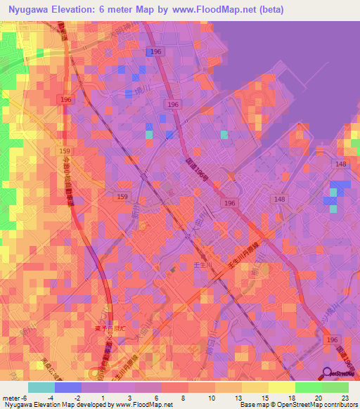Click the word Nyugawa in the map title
click(32, 8)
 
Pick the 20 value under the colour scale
click(317, 398)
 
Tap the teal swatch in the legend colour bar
click(41, 387)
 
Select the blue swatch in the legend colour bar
click(68, 387)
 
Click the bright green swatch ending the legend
click(335, 387)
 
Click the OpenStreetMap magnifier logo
click(328, 373)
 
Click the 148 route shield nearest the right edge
click(341, 164)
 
